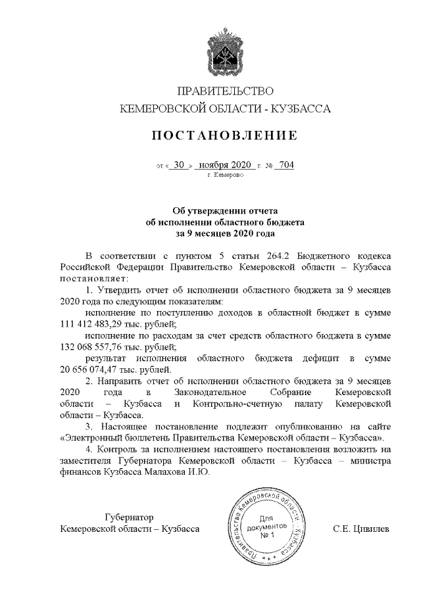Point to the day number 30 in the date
180,165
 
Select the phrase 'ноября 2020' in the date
226,165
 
